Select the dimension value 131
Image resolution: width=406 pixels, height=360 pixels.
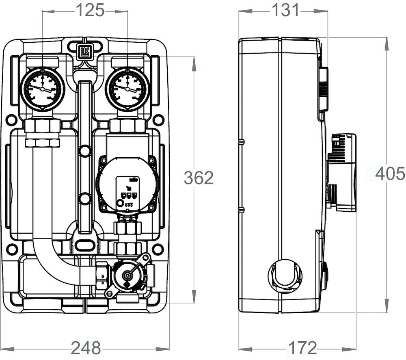[x=285, y=11]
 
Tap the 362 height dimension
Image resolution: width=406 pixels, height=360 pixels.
[x=199, y=178]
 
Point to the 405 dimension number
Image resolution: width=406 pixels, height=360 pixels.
[x=390, y=174]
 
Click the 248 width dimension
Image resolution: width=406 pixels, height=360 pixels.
[x=86, y=348]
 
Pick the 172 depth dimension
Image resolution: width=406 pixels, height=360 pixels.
[x=302, y=348]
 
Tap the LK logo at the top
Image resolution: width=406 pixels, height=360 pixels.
[x=85, y=50]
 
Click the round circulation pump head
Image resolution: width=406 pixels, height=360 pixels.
[x=127, y=185]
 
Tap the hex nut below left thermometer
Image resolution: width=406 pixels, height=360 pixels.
[x=42, y=126]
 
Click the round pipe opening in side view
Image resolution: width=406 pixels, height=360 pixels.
[x=285, y=275]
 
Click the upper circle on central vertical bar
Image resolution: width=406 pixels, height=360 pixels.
[x=85, y=152]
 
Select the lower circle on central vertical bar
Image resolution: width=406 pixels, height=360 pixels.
[x=85, y=199]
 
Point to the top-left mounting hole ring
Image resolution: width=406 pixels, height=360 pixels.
[x=12, y=120]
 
